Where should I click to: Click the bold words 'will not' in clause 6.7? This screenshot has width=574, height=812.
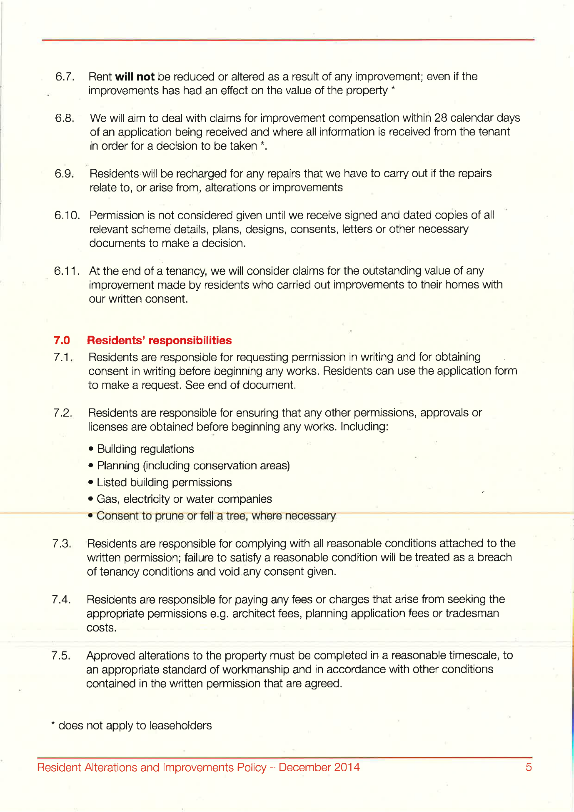(x=135, y=77)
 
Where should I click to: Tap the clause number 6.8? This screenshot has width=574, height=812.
(x=65, y=118)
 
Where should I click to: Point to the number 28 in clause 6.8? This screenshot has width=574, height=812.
(x=441, y=118)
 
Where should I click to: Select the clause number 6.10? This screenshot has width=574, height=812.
(x=67, y=216)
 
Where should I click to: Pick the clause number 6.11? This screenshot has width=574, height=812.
(x=66, y=271)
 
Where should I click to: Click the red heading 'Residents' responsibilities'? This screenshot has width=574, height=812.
(x=159, y=341)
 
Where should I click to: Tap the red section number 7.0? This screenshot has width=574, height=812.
(x=62, y=341)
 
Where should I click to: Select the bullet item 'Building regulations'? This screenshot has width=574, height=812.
(x=145, y=449)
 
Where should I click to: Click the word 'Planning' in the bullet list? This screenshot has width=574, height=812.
(x=118, y=466)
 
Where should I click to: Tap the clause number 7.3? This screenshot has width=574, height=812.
(x=62, y=544)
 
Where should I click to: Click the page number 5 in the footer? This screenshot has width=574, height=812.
(x=529, y=767)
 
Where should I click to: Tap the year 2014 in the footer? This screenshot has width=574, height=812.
(x=346, y=767)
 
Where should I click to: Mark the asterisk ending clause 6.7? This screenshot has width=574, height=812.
(x=393, y=89)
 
